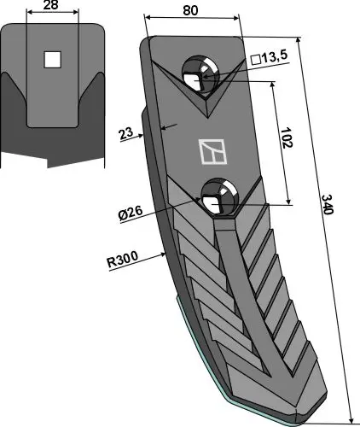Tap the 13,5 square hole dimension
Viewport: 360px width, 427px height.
point(272,60)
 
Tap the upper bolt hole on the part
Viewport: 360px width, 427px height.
point(203,75)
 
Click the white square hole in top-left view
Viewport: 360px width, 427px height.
point(53,60)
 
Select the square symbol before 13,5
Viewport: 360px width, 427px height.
point(254,60)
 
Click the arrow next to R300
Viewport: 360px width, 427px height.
point(154,254)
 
